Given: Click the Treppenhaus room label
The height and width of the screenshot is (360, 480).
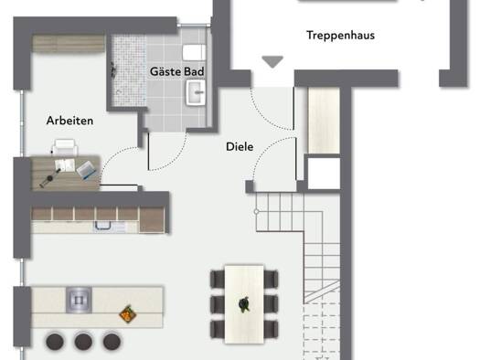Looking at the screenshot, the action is pos(340,36).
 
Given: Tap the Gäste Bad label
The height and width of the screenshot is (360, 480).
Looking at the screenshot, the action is pos(177,71).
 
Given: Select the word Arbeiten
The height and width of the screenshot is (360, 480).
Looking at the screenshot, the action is pos(69,121).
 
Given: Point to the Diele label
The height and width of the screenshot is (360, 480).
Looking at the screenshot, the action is pos(240,147).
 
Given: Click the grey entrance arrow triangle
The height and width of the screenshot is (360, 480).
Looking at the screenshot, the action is pos(272,62).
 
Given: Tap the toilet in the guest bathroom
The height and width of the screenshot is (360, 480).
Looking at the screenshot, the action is pos(195,53).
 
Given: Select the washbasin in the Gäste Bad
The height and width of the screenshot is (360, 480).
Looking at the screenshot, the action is pos(196,92).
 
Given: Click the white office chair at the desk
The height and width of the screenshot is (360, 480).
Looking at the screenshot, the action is pos(65,147).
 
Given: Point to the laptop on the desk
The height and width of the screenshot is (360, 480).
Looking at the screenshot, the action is pos(87,170).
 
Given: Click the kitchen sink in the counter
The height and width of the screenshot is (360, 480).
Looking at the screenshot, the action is pos(102,226).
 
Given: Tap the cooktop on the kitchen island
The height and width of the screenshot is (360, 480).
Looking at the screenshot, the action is pos(79,300).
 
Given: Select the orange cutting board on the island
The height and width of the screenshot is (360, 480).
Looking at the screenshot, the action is pos(128,313).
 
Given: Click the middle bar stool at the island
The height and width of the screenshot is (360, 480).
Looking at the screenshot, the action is pos(83,341).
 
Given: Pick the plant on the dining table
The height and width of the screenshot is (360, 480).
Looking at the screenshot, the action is pos(244,304).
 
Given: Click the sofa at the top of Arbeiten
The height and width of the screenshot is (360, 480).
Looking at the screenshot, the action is pos(69,44).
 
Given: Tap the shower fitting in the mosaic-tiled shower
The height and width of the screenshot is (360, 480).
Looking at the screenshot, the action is pos(113,70).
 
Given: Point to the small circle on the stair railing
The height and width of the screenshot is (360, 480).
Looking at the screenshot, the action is pos(257,211).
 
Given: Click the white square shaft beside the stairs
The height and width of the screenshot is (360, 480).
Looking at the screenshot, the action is pos(324,174).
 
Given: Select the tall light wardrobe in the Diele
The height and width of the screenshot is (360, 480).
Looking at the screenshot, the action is pos(324,121).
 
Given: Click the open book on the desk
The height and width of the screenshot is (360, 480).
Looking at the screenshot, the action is pos(65,165).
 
